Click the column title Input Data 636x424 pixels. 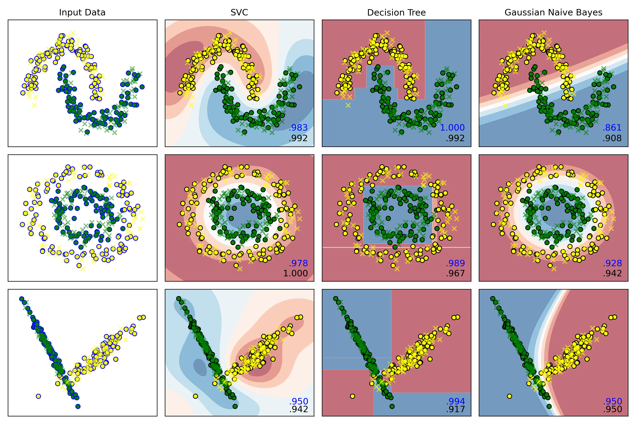[82, 12]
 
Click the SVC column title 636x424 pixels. [239, 12]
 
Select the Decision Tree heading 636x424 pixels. [396, 12]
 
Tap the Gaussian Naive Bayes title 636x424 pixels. [553, 12]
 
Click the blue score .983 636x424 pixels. [298, 128]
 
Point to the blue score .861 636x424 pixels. [612, 128]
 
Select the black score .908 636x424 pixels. [612, 138]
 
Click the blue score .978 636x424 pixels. [298, 263]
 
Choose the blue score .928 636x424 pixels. [612, 263]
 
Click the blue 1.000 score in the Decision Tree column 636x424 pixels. [452, 128]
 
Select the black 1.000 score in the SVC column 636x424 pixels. [295, 273]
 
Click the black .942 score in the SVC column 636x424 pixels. [298, 409]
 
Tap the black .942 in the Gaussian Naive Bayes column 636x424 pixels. [612, 273]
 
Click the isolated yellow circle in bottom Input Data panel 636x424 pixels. [38, 396]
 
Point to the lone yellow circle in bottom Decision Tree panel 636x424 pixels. [352, 396]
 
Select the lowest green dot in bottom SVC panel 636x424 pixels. [235, 406]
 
